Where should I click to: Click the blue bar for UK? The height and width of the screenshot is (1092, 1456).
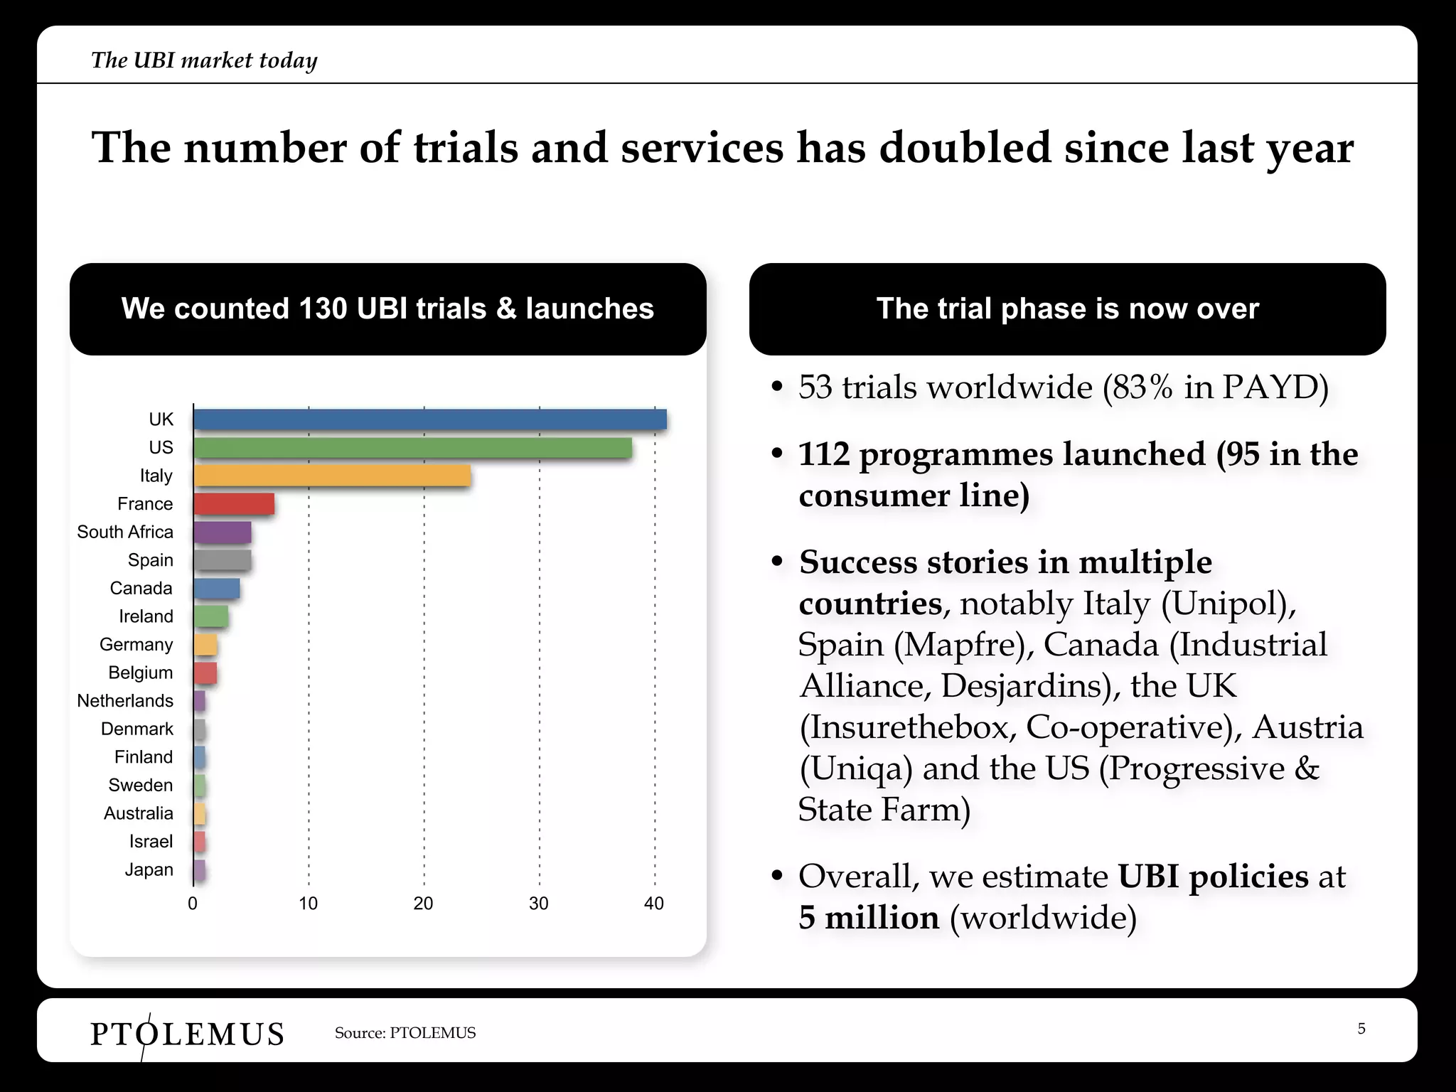430,419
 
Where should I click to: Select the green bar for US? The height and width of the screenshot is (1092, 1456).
412,448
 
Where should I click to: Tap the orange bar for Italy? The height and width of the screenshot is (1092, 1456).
332,476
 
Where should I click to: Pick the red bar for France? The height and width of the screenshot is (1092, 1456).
234,504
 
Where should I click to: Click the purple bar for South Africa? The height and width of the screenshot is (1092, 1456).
223,532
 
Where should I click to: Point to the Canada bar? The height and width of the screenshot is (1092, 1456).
217,589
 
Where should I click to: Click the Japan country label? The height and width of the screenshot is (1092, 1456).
149,869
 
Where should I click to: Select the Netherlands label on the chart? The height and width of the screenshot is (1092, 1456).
125,701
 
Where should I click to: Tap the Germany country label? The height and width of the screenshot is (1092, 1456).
136,645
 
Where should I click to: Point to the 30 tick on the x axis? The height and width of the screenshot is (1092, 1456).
538,904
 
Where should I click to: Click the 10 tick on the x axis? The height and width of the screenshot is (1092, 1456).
308,904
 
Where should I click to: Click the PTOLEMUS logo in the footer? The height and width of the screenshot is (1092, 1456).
187,1033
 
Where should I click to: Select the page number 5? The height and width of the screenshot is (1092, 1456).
1361,1029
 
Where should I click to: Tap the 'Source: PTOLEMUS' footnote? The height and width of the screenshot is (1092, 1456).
405,1033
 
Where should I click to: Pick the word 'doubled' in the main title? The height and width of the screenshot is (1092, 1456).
965,148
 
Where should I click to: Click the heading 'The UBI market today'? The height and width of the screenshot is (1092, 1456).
204,60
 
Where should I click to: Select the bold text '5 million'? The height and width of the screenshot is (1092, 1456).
869,918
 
